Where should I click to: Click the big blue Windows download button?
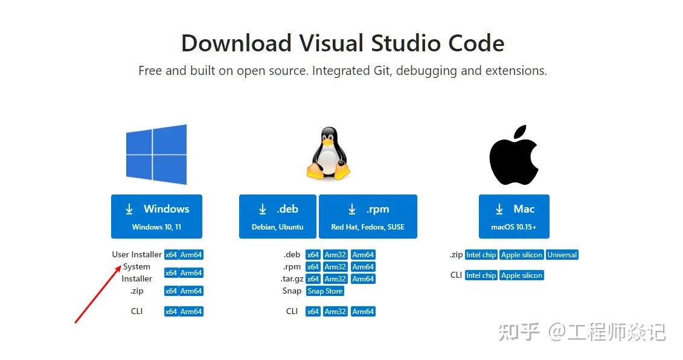click(156, 216)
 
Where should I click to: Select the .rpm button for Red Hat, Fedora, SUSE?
click(368, 216)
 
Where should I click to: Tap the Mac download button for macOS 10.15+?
click(514, 216)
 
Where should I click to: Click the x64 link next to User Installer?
click(171, 255)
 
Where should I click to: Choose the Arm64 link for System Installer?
click(191, 273)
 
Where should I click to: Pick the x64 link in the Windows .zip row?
click(171, 291)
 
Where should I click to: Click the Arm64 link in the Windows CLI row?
click(191, 312)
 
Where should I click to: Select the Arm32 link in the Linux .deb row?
click(335, 255)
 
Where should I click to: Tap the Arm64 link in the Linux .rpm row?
click(363, 267)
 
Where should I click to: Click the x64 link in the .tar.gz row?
click(313, 279)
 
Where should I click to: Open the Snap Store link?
click(325, 291)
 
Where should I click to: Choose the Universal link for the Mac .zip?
click(562, 255)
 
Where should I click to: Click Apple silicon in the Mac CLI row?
click(522, 275)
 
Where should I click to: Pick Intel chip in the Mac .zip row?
click(481, 255)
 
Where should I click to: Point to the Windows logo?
click(156, 155)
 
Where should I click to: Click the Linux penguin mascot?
click(329, 153)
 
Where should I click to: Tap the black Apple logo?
click(513, 156)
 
